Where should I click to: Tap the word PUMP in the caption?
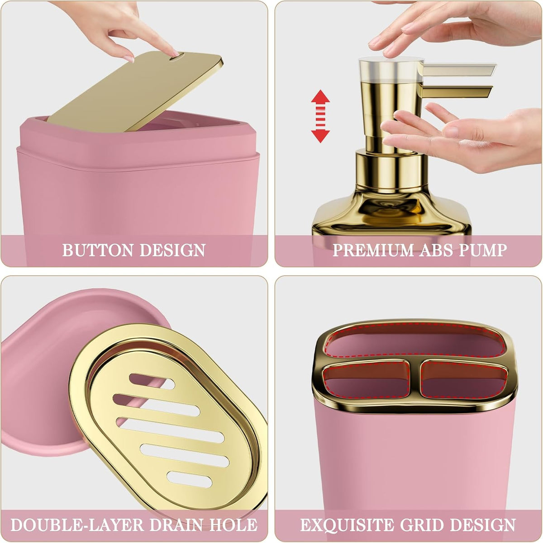pos(483,250)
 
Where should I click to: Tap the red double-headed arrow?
pos(320,116)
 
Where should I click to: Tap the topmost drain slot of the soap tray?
pos(152,381)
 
